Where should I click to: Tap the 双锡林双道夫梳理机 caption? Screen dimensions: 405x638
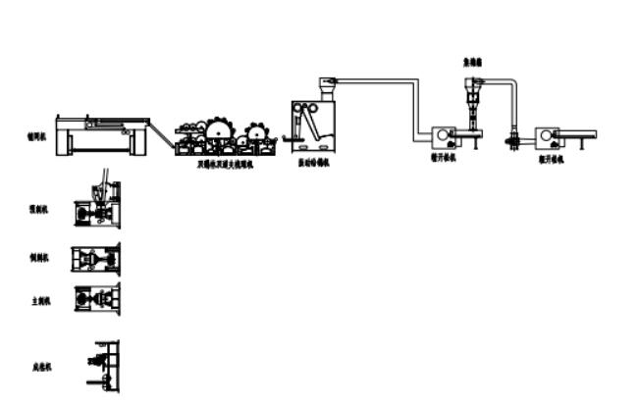point(224,164)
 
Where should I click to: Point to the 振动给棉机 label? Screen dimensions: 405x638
point(314,164)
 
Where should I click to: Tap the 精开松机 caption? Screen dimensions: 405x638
point(447,156)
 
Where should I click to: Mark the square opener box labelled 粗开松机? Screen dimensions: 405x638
point(548,135)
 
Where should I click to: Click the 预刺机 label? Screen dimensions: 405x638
point(40,209)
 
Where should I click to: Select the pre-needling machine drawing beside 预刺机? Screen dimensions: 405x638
point(97,209)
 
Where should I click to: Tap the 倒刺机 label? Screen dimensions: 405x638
point(40,257)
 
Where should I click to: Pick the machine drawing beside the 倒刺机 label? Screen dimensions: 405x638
point(95,258)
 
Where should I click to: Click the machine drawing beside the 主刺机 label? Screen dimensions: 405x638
point(97,300)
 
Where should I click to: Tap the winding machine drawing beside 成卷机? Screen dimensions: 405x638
point(103,365)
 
